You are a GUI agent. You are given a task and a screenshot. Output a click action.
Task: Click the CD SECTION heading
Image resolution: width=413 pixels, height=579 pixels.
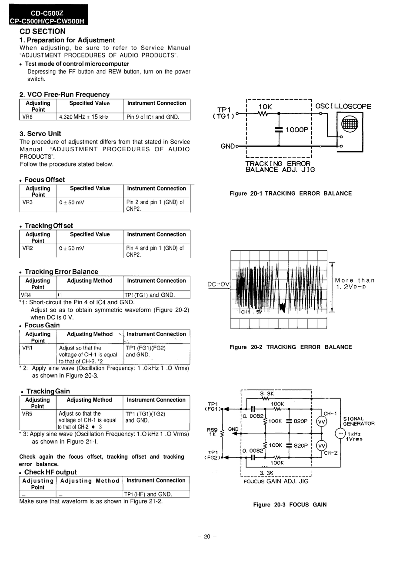pos(43,31)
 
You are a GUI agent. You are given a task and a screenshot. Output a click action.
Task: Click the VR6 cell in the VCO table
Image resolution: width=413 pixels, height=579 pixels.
pos(27,117)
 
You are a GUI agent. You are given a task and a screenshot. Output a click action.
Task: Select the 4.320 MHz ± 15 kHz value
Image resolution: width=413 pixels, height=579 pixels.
pos(83,117)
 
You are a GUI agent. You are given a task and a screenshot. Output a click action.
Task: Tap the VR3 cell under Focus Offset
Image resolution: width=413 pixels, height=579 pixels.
pos(27,202)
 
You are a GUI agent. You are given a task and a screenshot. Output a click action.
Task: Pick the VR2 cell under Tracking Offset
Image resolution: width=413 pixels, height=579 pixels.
pos(27,248)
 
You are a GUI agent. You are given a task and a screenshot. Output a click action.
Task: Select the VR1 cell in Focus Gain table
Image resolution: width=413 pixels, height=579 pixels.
pos(27,348)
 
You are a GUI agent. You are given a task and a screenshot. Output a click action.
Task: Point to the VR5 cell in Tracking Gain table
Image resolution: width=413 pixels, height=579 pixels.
pos(27,413)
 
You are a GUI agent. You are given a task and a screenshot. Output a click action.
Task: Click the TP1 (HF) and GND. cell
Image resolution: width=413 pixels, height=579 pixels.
pos(148,494)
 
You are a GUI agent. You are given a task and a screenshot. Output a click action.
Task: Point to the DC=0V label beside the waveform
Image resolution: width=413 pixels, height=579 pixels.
pos(218,285)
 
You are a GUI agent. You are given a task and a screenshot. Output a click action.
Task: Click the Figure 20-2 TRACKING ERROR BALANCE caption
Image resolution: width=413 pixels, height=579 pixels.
pos(290,347)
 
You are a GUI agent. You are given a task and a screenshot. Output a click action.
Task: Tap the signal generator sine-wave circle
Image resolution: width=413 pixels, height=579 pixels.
pos(340,433)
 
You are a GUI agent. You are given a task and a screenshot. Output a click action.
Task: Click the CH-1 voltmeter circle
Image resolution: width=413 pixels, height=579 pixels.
pos(321,422)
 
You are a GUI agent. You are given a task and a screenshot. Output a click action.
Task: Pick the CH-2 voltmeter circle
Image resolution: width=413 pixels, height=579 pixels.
pos(321,446)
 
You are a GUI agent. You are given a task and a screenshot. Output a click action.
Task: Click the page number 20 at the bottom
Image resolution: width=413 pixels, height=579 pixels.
pos(207,536)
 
